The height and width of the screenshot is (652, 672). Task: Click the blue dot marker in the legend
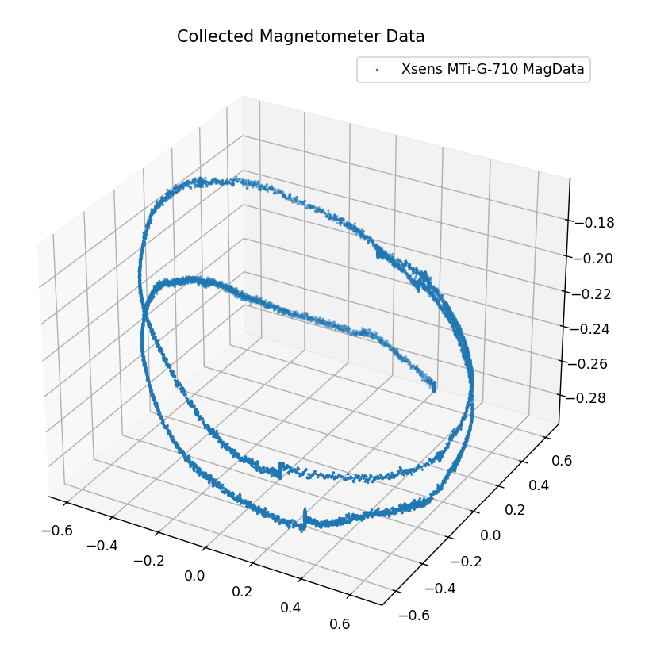tap(377, 70)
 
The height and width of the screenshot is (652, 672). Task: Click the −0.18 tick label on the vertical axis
tap(593, 223)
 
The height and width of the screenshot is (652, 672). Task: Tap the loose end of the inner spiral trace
tap(434, 388)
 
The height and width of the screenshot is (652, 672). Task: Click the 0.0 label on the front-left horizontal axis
tap(194, 575)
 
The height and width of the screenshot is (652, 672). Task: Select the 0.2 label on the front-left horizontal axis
tap(242, 591)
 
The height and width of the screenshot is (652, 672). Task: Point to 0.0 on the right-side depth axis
tap(490, 535)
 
